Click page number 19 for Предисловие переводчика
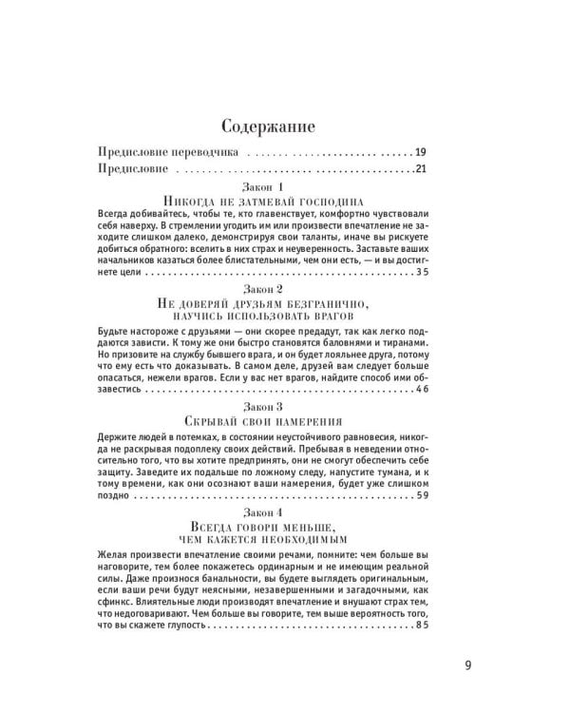point(421,152)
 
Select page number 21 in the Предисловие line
point(421,169)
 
